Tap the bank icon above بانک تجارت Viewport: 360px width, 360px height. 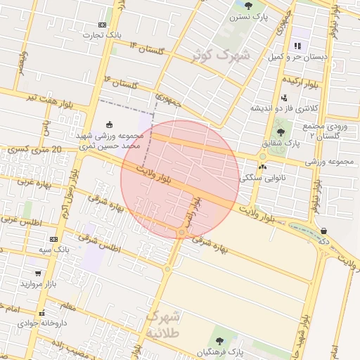103,25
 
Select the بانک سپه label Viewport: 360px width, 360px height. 54,250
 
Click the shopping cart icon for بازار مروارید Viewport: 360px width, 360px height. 37,274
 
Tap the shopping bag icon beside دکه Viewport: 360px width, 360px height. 323,231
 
